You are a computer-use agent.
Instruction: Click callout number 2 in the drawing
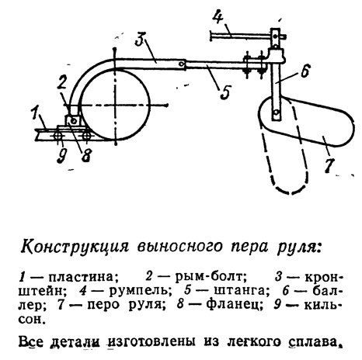[x=63, y=85]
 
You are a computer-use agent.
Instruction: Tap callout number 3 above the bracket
[x=141, y=39]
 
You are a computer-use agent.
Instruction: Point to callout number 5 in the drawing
[x=225, y=92]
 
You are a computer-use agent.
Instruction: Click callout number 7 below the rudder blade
[x=329, y=164]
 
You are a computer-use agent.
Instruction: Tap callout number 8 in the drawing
[x=86, y=155]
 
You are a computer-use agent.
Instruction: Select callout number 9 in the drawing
[x=62, y=156]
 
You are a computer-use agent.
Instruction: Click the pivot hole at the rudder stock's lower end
[x=277, y=112]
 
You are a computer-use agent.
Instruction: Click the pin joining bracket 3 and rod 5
[x=183, y=64]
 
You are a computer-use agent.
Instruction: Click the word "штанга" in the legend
[x=240, y=291]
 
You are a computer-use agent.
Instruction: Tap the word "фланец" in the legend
[x=235, y=305]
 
